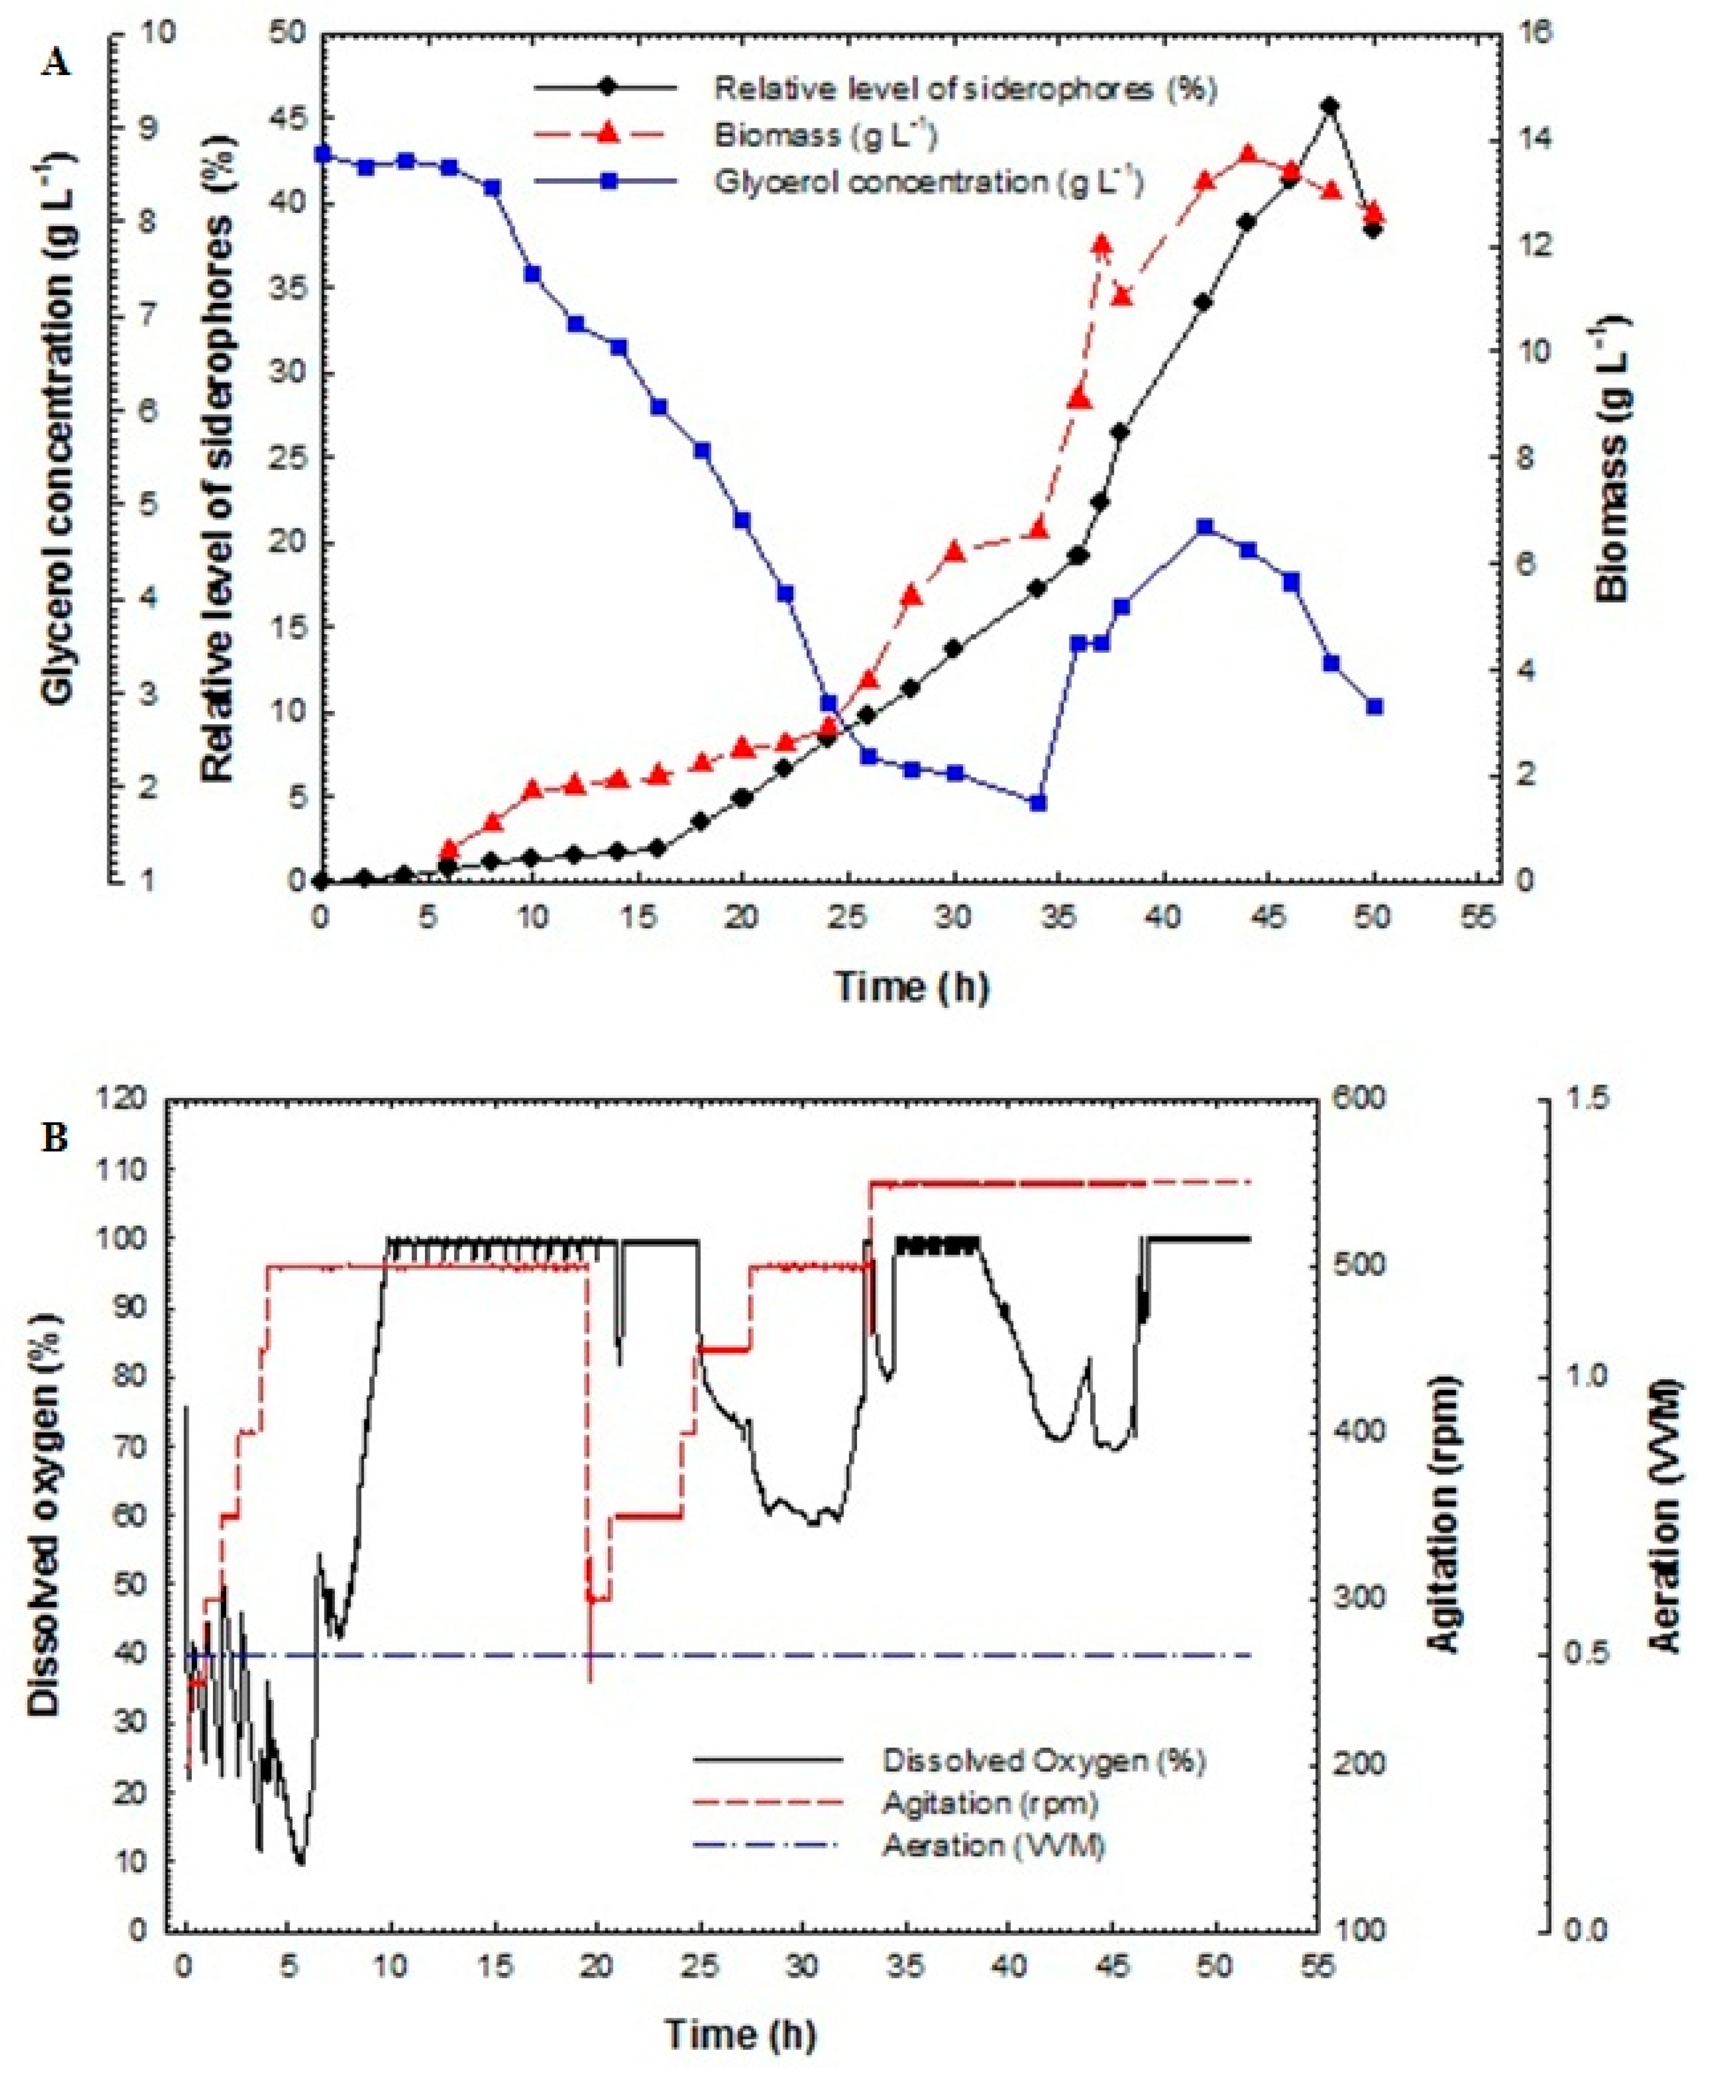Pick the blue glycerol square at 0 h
pyautogui.click(x=321, y=153)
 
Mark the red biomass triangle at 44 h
pyautogui.click(x=1247, y=154)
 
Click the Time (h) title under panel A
pyautogui.click(x=912, y=987)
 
